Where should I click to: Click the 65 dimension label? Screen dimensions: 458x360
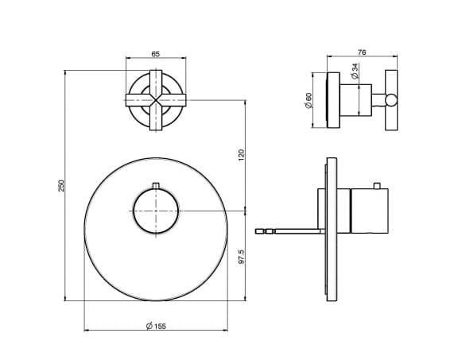tap(156, 54)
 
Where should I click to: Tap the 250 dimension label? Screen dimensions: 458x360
tap(61, 186)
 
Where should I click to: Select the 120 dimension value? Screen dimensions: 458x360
tap(241, 155)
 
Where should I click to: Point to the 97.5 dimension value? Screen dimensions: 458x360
tap(241, 257)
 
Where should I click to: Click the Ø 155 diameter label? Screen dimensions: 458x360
tap(156, 326)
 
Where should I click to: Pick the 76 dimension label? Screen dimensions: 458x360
tap(362, 52)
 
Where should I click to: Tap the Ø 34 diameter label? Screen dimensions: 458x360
tap(355, 72)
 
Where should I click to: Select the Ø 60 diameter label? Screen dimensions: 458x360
tap(309, 100)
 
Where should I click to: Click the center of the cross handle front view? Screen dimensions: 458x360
tap(156, 100)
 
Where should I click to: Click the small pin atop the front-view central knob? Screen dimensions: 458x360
tap(156, 186)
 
